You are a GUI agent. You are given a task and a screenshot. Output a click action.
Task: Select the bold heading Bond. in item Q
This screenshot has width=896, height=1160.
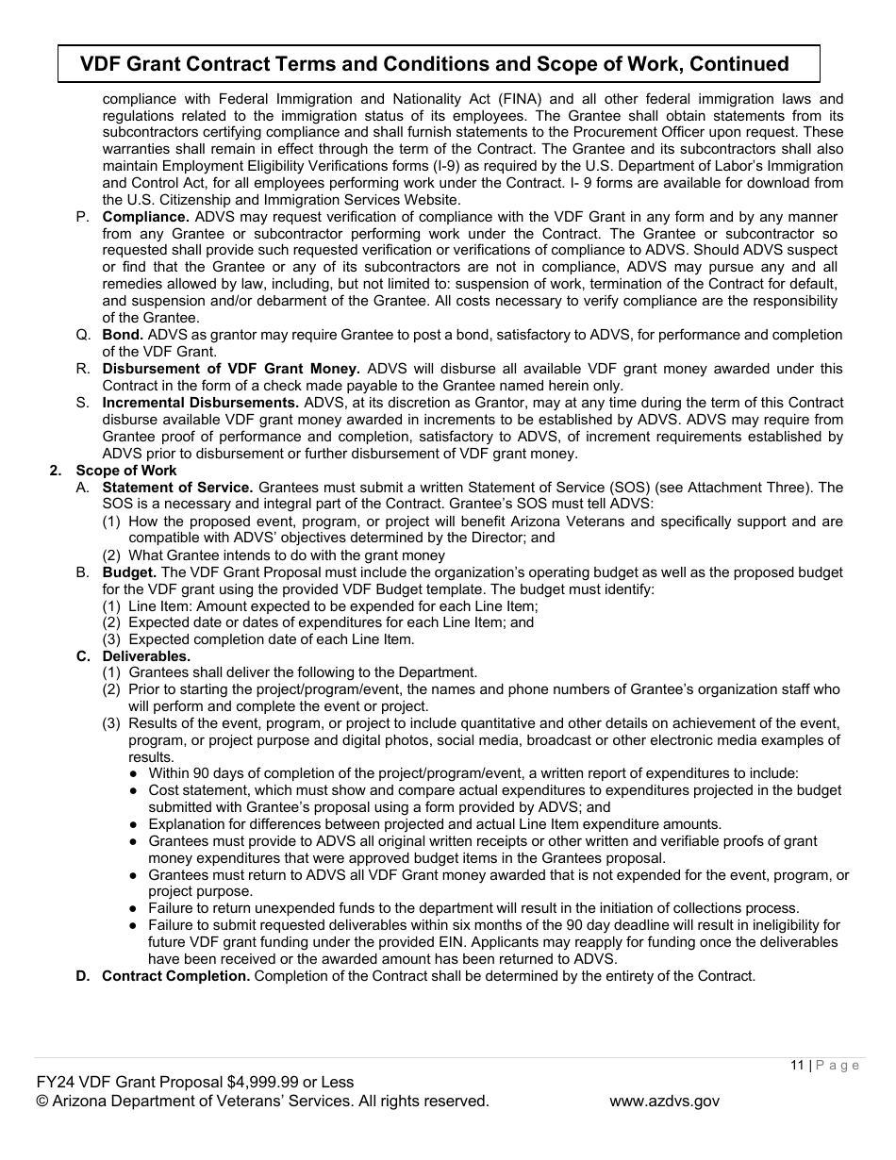(123, 335)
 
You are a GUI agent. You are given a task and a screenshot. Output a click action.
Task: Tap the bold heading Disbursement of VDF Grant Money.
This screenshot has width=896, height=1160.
(231, 369)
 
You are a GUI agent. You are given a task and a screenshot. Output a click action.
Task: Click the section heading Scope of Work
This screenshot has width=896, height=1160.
(126, 471)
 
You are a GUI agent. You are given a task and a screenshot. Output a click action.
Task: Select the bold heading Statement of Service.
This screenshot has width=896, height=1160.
(177, 488)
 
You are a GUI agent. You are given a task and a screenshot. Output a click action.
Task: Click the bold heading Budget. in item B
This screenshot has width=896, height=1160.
(129, 572)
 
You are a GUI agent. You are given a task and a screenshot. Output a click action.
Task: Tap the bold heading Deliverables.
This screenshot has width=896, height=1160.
(146, 656)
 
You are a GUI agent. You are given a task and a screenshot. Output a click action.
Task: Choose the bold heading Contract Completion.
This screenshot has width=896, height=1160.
(176, 976)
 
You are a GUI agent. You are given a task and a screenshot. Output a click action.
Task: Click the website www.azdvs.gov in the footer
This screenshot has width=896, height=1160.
(664, 1101)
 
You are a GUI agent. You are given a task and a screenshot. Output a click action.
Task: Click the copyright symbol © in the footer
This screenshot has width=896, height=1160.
(41, 1101)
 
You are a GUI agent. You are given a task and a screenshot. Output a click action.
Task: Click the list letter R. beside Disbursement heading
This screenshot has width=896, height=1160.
(83, 369)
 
